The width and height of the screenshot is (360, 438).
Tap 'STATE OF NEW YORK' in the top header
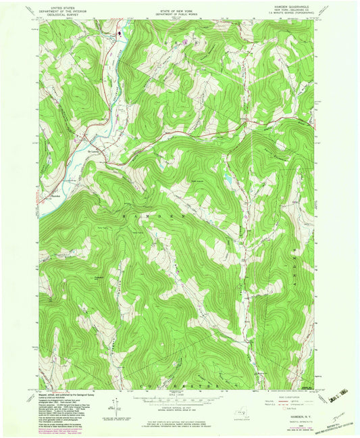click(x=180, y=5)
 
